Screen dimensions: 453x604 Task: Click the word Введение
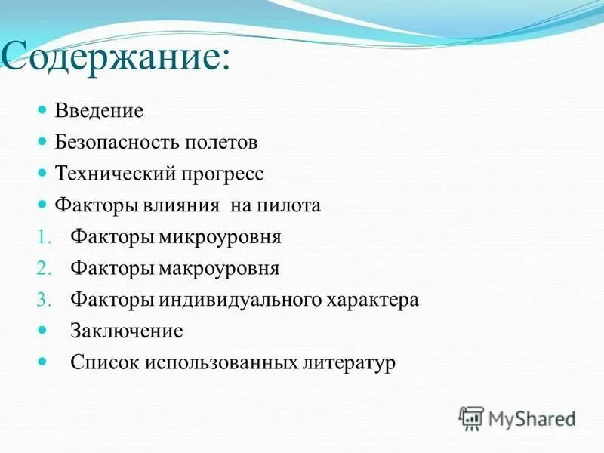99,111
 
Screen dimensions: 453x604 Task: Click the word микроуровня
220,237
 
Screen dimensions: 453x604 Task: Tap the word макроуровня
219,268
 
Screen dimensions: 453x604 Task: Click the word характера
372,300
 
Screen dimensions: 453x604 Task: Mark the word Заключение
127,331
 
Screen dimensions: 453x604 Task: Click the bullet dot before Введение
43,110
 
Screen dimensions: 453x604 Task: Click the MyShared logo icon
471,417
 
